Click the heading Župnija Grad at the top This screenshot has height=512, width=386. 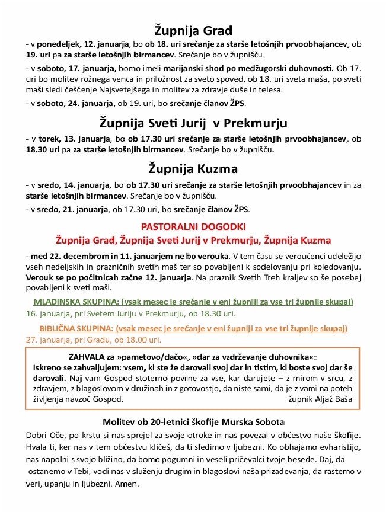click(x=193, y=30)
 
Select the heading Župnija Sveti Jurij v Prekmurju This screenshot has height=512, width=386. click(x=193, y=123)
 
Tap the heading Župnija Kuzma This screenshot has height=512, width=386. click(x=193, y=168)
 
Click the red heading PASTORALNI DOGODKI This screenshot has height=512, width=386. click(x=193, y=226)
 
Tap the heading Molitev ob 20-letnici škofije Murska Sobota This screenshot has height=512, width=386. click(x=193, y=423)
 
